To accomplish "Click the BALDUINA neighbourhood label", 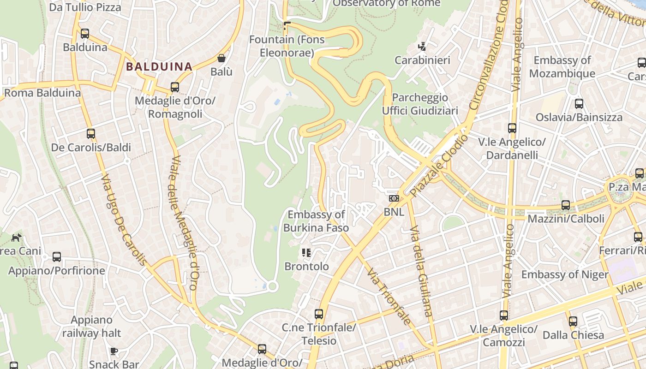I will click(159, 66).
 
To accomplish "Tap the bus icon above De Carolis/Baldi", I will click(91, 134).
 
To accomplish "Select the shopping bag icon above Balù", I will click(221, 58).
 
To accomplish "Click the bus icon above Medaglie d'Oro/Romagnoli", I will click(175, 87).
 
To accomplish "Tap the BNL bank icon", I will click(394, 198).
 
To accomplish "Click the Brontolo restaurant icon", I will click(306, 253).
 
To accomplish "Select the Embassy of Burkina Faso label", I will click(316, 221).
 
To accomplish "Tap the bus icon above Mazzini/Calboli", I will click(566, 205).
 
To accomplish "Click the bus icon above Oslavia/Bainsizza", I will click(579, 104).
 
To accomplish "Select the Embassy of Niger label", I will click(565, 274).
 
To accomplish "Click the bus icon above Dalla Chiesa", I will click(573, 321).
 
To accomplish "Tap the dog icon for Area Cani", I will click(17, 238).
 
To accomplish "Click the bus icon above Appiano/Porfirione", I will click(57, 257).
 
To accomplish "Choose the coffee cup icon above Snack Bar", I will click(114, 351).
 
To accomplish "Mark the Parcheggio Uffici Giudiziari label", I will click(420, 104).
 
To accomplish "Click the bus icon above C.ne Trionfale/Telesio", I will click(319, 314).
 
